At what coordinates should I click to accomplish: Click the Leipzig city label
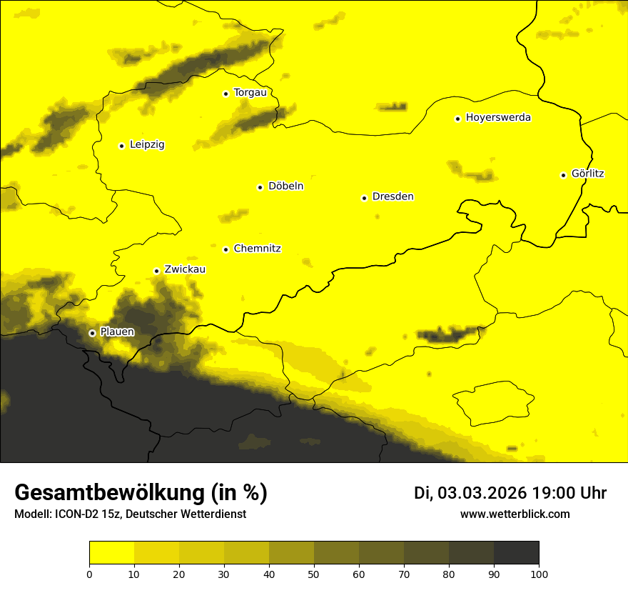[x=147, y=145]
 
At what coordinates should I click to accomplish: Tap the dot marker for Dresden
[x=364, y=198]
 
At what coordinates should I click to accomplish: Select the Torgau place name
[x=250, y=93]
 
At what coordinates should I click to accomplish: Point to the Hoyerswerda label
[x=498, y=118]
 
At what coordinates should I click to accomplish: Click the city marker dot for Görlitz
[x=563, y=175]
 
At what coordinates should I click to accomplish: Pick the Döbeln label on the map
[x=285, y=186]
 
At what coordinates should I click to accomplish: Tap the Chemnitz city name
[x=257, y=249]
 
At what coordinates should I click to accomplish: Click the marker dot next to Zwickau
[x=156, y=271]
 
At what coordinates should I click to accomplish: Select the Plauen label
[x=117, y=332]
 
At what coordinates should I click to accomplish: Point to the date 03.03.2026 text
[x=482, y=493]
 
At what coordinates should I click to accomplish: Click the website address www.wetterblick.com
[x=515, y=514]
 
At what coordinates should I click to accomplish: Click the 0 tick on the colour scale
[x=89, y=574]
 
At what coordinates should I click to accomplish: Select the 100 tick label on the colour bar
[x=539, y=574]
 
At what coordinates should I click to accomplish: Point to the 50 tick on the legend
[x=314, y=574]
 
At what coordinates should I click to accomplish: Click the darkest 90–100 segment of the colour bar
[x=516, y=553]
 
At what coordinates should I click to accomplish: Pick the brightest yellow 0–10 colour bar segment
[x=111, y=553]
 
